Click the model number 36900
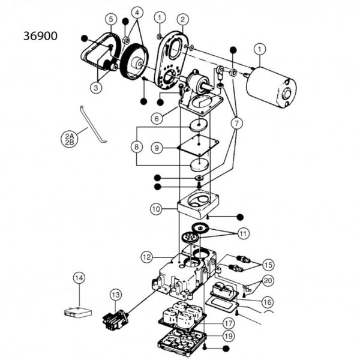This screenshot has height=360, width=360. (41, 35)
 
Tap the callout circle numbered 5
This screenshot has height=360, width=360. (110, 19)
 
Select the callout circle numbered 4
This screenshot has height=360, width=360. (138, 13)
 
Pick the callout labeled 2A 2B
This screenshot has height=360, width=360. (70, 139)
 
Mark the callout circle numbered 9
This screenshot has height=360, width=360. (155, 146)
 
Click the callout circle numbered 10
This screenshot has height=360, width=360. (155, 209)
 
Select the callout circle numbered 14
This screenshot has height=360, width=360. (79, 278)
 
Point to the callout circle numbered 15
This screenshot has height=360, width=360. (267, 264)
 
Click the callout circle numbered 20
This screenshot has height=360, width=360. (267, 280)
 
